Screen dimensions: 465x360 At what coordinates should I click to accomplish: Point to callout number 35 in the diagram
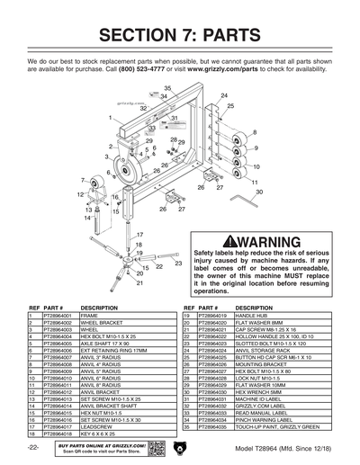166,88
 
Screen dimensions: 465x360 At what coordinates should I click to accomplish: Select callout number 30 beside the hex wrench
259,192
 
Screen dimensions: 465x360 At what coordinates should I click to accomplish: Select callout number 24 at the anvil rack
224,95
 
